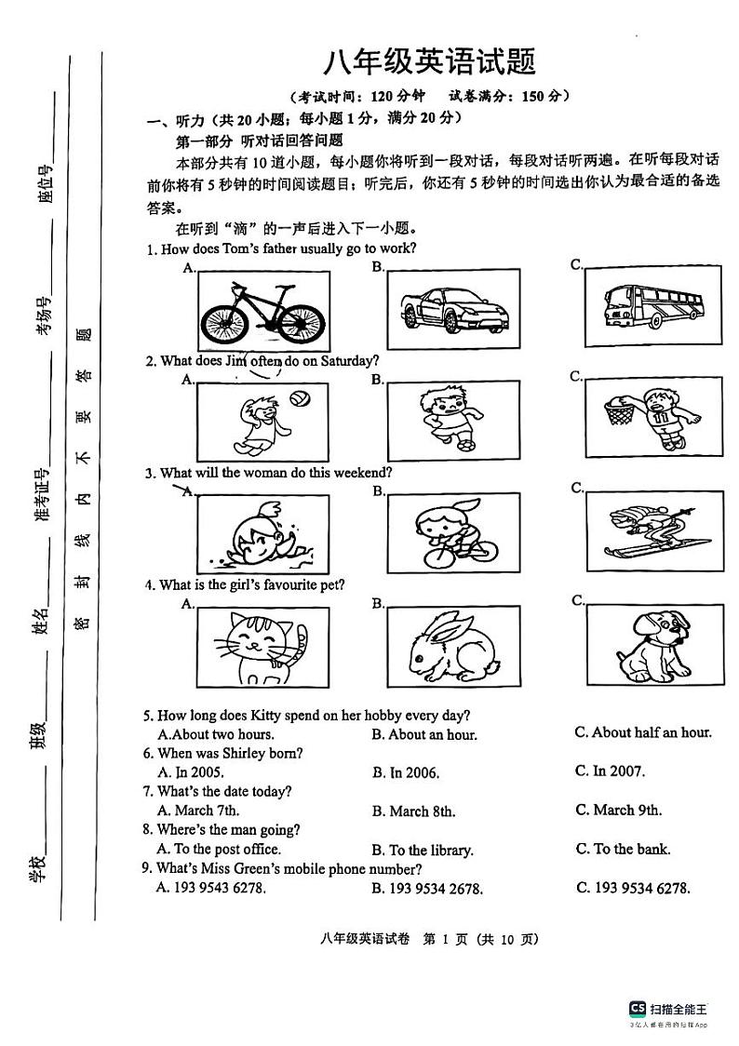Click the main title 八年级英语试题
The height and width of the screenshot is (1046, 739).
429,62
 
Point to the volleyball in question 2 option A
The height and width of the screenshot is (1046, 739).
299,398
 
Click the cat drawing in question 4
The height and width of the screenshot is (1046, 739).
259,645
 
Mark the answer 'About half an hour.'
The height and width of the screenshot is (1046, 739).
642,732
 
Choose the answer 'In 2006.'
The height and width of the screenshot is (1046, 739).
406,772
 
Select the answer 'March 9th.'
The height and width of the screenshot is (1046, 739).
618,810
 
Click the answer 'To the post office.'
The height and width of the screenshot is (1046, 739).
219,849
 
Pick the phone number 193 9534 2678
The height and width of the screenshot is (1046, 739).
426,889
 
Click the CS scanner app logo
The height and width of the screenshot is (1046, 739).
638,1009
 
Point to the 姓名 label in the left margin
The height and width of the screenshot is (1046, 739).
39,622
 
